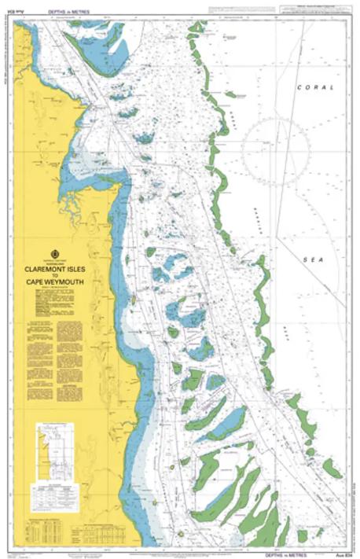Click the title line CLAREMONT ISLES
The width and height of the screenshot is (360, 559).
click(55, 267)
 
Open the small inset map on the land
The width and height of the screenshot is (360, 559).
click(54, 453)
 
